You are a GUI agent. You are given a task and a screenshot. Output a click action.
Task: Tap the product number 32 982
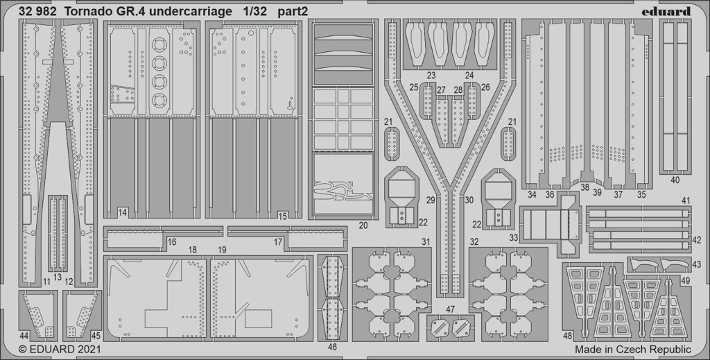37,12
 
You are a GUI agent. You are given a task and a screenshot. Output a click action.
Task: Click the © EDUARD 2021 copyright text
60,350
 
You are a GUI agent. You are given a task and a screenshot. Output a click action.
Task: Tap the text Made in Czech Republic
633,350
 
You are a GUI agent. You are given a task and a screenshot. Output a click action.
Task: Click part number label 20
363,225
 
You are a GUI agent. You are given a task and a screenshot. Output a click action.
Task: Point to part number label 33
514,237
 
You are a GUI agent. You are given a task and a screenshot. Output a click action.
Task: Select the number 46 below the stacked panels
332,348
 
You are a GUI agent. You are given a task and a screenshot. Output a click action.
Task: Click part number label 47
450,309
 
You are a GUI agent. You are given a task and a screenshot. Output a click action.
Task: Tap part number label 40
675,180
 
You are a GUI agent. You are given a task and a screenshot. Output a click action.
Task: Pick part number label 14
122,212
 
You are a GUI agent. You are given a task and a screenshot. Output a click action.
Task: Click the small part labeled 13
58,234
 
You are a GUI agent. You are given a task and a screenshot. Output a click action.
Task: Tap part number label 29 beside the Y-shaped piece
431,200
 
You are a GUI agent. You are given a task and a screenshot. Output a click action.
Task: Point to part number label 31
426,242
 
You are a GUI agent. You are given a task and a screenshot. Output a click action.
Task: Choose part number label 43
696,264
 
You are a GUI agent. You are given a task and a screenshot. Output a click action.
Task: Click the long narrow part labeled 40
675,96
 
